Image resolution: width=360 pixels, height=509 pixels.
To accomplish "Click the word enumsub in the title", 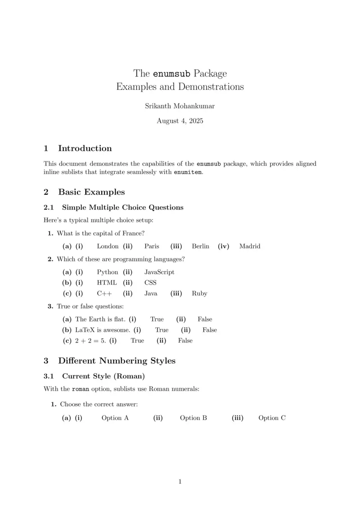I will [172, 73].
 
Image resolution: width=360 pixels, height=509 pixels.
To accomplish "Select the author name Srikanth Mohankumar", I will [180, 106].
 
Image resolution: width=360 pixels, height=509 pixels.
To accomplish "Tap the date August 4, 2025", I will [180, 121].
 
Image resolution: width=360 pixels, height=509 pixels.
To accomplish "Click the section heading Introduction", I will [85, 148].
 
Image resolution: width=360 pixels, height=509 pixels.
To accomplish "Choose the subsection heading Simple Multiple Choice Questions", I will [122, 207].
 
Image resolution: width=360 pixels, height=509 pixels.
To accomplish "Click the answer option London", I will [108, 246].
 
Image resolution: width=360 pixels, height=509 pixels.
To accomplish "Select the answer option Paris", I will [152, 246].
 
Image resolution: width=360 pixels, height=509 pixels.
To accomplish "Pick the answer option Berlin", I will [200, 246].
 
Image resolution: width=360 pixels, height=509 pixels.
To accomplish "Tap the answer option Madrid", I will [250, 246].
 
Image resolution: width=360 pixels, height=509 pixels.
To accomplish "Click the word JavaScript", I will [159, 272].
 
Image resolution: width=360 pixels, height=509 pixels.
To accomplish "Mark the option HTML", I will [107, 283].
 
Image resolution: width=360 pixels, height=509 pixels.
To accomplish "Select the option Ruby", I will [199, 294].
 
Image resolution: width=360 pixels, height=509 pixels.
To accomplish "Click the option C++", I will [104, 294].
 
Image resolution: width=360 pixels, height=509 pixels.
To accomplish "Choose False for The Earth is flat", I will [205, 319].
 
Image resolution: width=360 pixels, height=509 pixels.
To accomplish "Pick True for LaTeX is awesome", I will [162, 330].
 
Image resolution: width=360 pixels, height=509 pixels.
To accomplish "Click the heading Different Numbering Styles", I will [117, 361].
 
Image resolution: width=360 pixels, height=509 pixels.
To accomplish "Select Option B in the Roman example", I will [193, 418].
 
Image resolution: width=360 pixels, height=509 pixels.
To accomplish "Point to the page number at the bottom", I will [180, 482].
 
